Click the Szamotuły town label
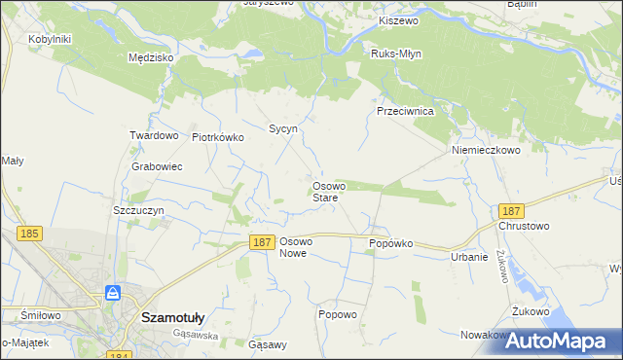click(x=172, y=316)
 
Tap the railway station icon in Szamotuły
click(x=113, y=293)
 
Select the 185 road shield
click(x=29, y=234)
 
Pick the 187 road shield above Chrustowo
click(x=510, y=210)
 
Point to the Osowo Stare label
click(x=325, y=192)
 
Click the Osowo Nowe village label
click(x=295, y=247)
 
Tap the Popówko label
click(x=391, y=243)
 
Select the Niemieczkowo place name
click(x=486, y=151)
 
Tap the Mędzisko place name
click(x=151, y=57)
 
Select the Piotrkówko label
click(x=217, y=137)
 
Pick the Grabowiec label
click(x=157, y=166)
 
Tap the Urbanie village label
click(x=468, y=257)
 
